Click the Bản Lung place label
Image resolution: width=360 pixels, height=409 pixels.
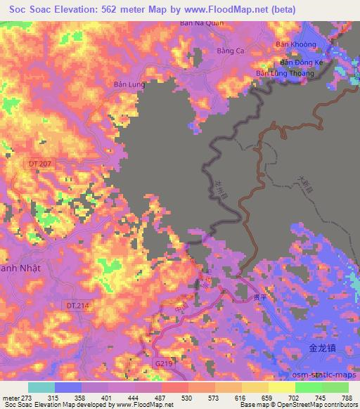128,84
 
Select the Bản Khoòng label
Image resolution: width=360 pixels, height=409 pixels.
296,44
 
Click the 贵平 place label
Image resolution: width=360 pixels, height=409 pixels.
262,297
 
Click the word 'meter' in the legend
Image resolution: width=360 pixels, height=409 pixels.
11,398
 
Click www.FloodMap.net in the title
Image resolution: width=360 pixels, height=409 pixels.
228,9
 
